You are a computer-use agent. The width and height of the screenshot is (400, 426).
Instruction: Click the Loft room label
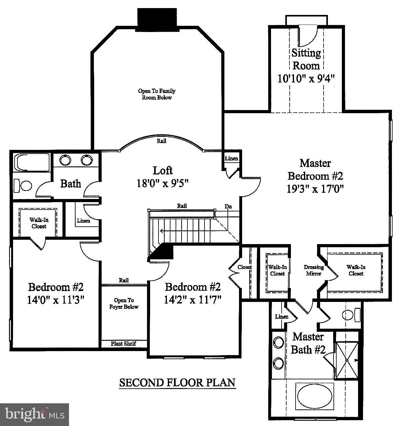(x=163, y=171)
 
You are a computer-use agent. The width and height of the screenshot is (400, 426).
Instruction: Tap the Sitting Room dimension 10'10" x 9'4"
(x=306, y=78)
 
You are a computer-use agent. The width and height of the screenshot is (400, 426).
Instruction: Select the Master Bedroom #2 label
(x=315, y=169)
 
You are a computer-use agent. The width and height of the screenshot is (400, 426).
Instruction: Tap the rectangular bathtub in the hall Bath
(x=32, y=163)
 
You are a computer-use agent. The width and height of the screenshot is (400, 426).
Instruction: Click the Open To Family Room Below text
(x=157, y=94)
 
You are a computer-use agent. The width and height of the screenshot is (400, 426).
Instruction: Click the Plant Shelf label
(x=123, y=344)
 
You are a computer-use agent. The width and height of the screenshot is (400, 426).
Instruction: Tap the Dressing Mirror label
(x=314, y=270)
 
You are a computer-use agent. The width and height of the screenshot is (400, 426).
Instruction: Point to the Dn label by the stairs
(x=228, y=206)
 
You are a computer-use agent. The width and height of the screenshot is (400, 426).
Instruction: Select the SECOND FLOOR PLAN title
(x=177, y=383)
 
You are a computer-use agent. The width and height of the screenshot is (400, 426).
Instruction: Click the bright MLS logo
(x=34, y=414)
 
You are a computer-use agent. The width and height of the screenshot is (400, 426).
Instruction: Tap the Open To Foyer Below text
(x=124, y=303)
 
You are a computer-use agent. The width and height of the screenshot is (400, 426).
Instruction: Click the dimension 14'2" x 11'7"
(x=193, y=300)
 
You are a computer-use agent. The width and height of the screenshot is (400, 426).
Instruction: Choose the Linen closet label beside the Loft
(x=231, y=159)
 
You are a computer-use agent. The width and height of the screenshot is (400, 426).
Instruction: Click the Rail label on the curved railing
(x=161, y=141)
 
